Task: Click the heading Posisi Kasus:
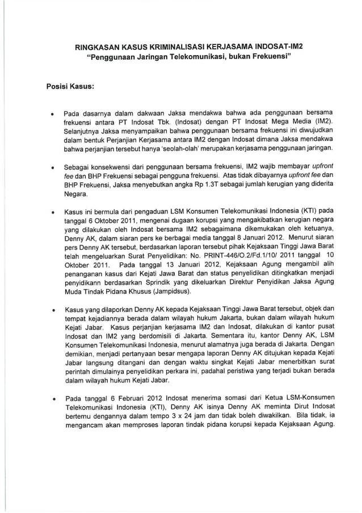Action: coord(69,87)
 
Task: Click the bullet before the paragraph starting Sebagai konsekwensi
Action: coord(53,169)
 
